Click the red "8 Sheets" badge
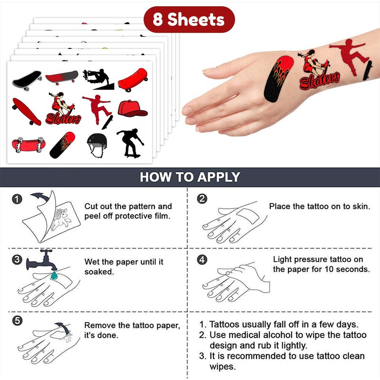click(x=189, y=19)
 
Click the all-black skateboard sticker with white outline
click(x=27, y=80)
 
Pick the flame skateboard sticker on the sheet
click(x=62, y=145)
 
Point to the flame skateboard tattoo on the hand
click(x=278, y=78)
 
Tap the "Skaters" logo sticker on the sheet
click(x=63, y=108)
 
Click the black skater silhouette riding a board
click(x=130, y=143)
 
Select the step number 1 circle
click(x=17, y=199)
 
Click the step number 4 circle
click(x=202, y=259)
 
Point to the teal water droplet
click(x=54, y=275)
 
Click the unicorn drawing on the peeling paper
click(x=61, y=218)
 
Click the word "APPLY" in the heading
click(x=218, y=177)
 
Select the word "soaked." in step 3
click(x=99, y=272)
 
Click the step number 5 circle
click(x=17, y=321)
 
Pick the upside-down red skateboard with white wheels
click(x=28, y=145)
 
